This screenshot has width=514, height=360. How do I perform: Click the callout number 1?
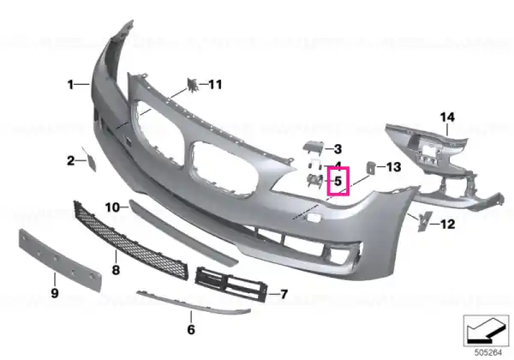(70, 85)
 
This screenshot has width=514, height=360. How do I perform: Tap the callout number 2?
(70, 160)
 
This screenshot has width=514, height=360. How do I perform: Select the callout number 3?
(338, 149)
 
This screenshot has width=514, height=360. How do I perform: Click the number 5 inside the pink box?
(338, 181)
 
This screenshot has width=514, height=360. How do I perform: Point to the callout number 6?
(191, 329)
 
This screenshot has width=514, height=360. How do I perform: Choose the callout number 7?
(284, 294)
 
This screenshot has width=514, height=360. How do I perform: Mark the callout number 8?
(116, 270)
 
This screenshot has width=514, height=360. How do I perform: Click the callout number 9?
(55, 293)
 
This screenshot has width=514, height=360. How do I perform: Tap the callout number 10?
(112, 207)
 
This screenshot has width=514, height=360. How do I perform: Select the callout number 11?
(215, 85)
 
